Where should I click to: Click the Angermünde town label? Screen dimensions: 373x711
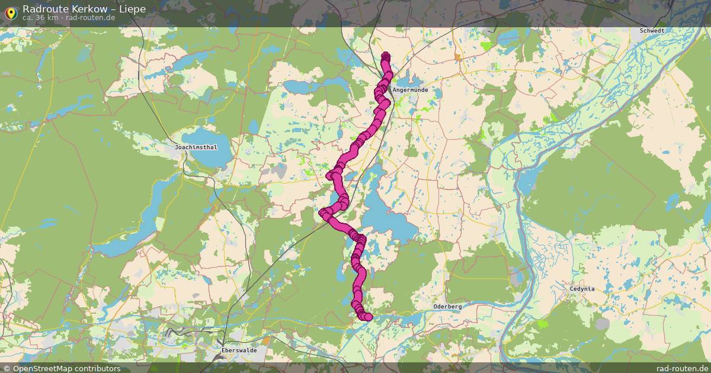(x=409, y=90)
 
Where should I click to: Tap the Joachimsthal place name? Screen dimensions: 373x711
(x=196, y=146)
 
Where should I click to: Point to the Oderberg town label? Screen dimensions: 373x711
(x=447, y=306)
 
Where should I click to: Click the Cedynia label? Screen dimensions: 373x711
(x=582, y=289)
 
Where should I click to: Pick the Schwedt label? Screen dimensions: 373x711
(x=652, y=30)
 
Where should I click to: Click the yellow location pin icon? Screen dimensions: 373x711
(x=10, y=13)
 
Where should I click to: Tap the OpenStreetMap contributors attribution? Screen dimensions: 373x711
(x=66, y=368)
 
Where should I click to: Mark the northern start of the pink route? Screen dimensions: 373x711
(x=386, y=57)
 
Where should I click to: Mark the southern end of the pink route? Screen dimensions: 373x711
(x=368, y=317)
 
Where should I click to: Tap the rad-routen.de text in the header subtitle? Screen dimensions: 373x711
(x=91, y=18)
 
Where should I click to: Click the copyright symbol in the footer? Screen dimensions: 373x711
(x=7, y=368)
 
